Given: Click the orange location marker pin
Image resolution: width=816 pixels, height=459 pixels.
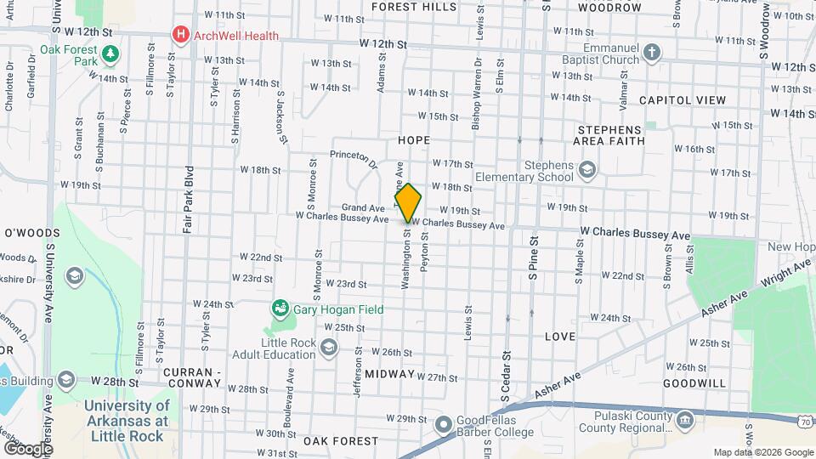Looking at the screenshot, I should tap(408, 202).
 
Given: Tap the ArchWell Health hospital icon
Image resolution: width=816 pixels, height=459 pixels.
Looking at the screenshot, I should tap(180, 35).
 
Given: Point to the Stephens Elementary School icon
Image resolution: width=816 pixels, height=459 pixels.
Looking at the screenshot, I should tap(587, 170).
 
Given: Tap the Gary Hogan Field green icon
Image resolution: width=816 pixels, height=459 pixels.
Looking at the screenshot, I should tap(279, 308).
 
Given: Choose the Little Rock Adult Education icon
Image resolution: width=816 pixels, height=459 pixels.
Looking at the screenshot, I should tap(329, 346).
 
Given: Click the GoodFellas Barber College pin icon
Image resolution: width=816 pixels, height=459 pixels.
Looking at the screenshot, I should tap(444, 424).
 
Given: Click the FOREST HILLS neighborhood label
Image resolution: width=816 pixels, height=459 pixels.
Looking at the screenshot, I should tap(413, 7).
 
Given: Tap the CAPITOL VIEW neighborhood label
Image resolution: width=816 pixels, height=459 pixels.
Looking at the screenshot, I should tap(683, 100).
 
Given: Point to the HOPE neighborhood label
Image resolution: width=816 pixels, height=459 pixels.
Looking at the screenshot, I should tap(413, 139).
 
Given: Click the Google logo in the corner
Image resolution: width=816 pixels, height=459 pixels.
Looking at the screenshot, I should tap(27, 449).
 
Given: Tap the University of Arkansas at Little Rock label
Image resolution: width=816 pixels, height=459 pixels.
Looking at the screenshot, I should tap(127, 414).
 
